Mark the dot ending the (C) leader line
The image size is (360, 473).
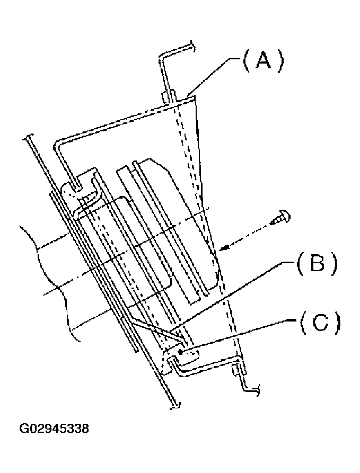[181, 352]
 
